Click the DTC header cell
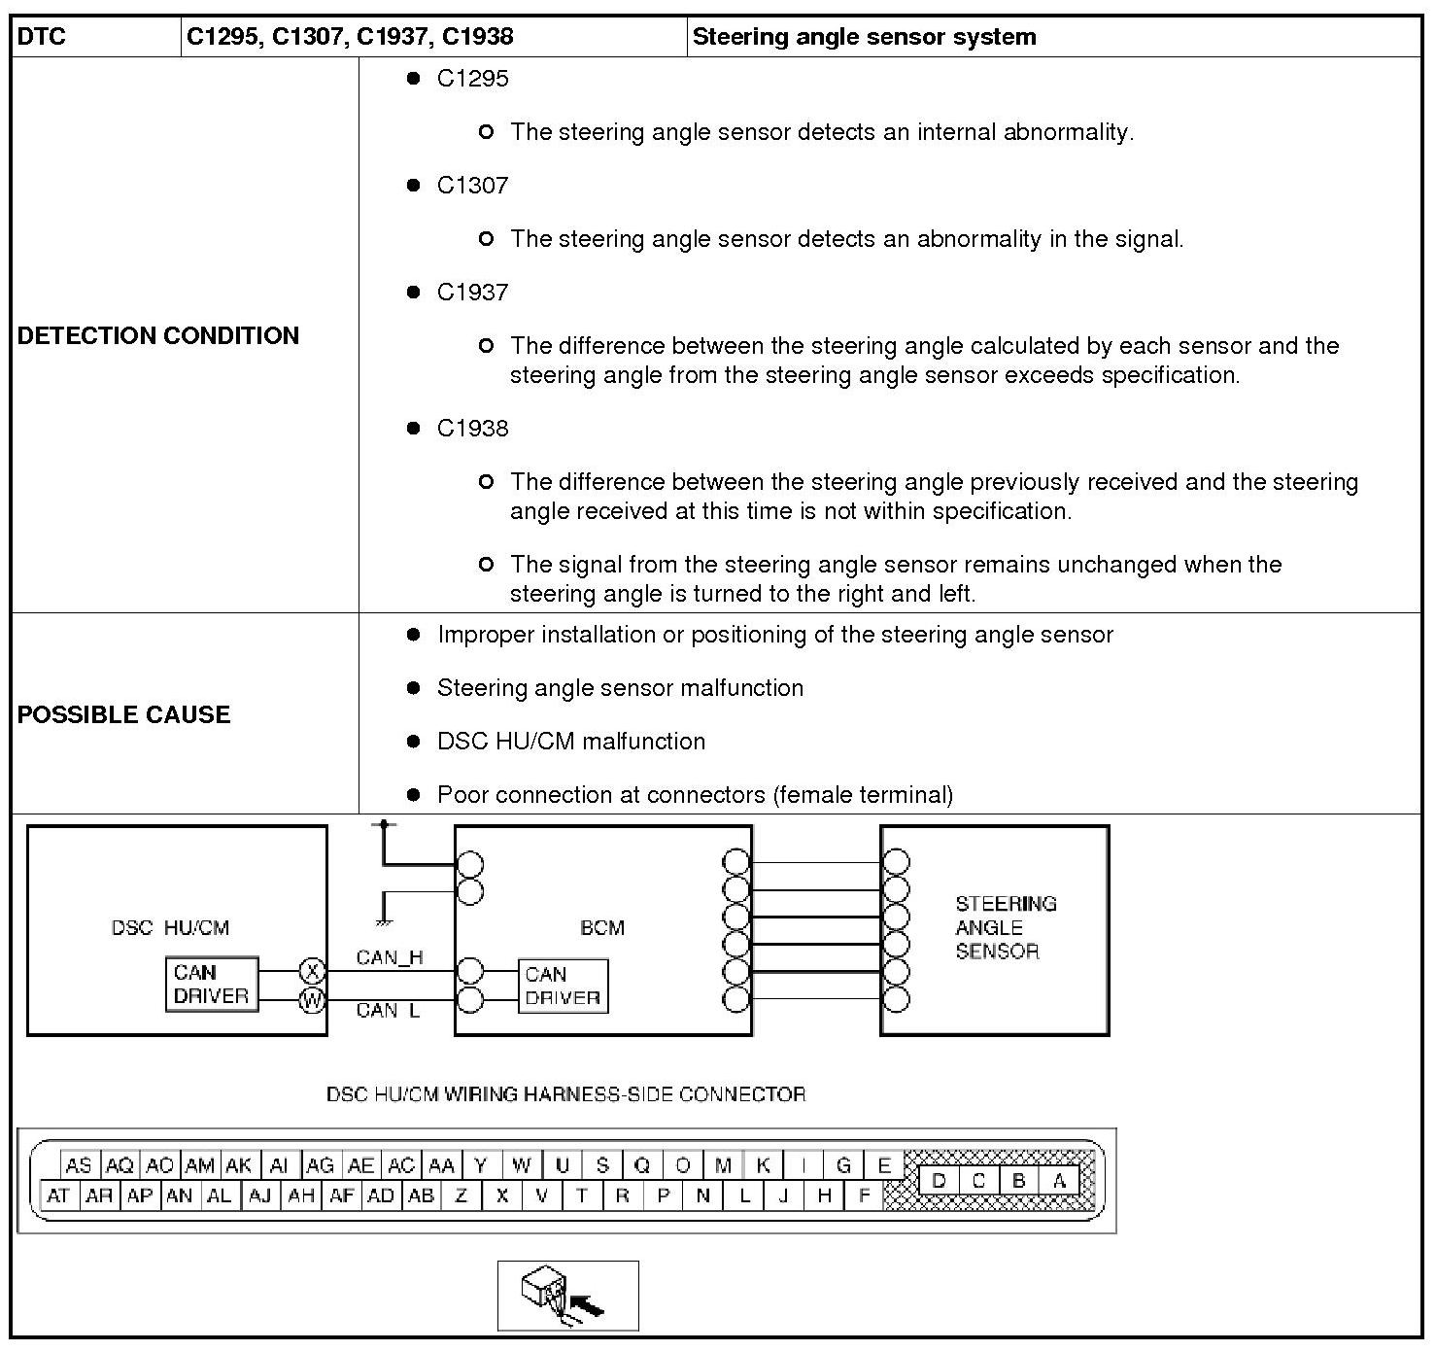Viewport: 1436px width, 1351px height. [43, 37]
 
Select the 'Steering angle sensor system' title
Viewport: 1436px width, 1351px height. [864, 37]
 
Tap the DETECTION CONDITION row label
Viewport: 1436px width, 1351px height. [158, 335]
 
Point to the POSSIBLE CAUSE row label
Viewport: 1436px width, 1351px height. [124, 714]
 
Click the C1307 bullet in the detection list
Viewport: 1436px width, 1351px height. [472, 185]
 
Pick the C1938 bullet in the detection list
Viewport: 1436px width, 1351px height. [472, 428]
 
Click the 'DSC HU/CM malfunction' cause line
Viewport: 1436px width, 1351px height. [571, 741]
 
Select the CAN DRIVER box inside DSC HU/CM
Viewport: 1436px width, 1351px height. [212, 985]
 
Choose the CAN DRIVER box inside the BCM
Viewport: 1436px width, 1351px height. [563, 987]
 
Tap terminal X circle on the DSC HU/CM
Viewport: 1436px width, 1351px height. [312, 970]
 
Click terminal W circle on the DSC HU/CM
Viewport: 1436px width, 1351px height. [312, 999]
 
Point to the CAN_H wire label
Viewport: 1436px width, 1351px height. [390, 957]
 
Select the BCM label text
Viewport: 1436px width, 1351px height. [602, 927]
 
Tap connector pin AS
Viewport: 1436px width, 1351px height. [78, 1165]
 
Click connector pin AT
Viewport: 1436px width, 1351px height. [58, 1195]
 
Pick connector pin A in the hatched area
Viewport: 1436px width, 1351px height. [1059, 1181]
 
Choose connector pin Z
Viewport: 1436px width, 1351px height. [462, 1195]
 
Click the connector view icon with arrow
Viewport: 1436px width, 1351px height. [568, 1296]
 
